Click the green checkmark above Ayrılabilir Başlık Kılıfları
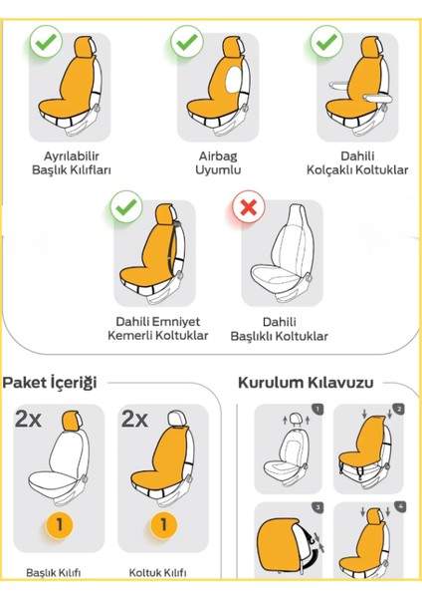[44, 42]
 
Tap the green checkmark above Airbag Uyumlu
[185, 42]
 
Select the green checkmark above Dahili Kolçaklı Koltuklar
[325, 42]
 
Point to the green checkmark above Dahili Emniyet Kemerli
[123, 208]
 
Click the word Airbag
[218, 156]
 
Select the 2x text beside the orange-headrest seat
[30, 420]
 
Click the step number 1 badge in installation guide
[316, 409]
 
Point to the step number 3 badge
[316, 507]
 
